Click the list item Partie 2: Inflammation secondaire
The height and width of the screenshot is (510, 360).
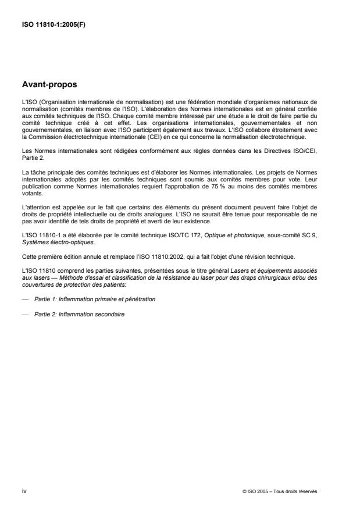tap(79, 314)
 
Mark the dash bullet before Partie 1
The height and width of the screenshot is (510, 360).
tap(24, 299)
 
